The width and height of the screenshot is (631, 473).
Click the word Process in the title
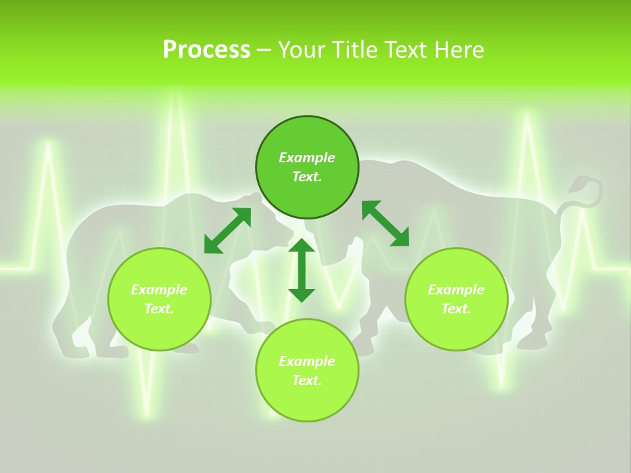pyautogui.click(x=206, y=49)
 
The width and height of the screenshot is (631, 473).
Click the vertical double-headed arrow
pyautogui.click(x=302, y=270)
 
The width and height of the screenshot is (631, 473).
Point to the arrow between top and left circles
pyautogui.click(x=227, y=231)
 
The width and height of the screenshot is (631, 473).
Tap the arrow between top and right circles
pyautogui.click(x=385, y=223)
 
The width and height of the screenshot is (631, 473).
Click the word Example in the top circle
pyautogui.click(x=307, y=158)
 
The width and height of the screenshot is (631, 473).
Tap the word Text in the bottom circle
pyautogui.click(x=306, y=380)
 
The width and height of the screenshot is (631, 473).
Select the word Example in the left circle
pyautogui.click(x=159, y=290)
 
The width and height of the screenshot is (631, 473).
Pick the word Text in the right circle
pyautogui.click(x=456, y=309)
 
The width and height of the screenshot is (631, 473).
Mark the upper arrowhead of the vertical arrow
pyautogui.click(x=302, y=246)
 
